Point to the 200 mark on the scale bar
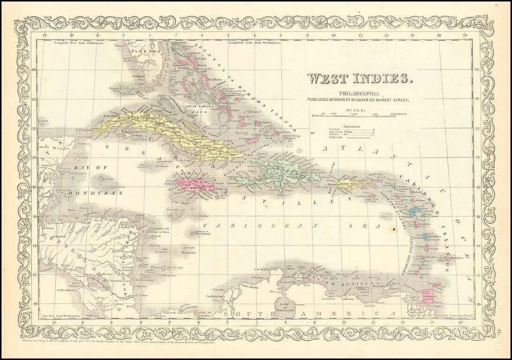354,114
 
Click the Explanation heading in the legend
352,127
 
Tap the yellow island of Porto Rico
350,182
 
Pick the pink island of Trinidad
428,296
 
